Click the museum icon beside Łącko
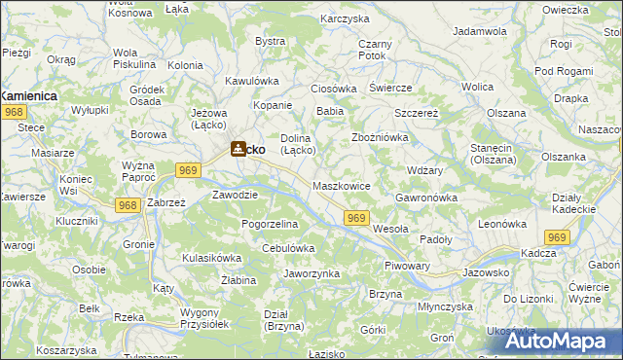coord(237,150)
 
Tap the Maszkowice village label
coord(341,185)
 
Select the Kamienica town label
coord(28,96)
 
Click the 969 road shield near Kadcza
coord(557,237)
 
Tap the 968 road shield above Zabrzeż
coord(126,205)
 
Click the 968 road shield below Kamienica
coord(13,114)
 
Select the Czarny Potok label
coord(375,51)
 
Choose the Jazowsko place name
coord(486,272)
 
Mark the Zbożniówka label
coord(379,137)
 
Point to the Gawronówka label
coord(426,198)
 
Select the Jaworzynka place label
coord(311,273)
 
